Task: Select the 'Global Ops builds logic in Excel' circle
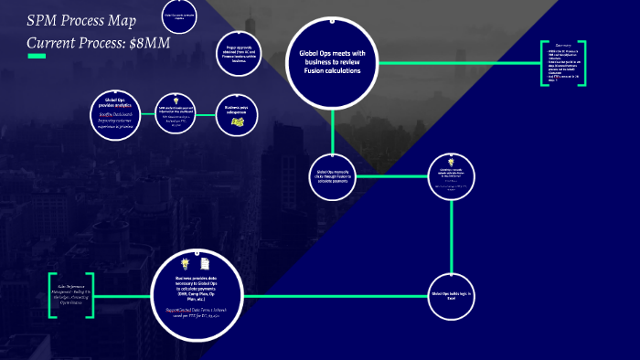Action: (453, 297)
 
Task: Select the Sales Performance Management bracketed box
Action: (71, 295)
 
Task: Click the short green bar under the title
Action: (37, 57)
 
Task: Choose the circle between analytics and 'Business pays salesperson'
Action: (175, 114)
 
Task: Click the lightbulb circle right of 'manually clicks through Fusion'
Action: (453, 176)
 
